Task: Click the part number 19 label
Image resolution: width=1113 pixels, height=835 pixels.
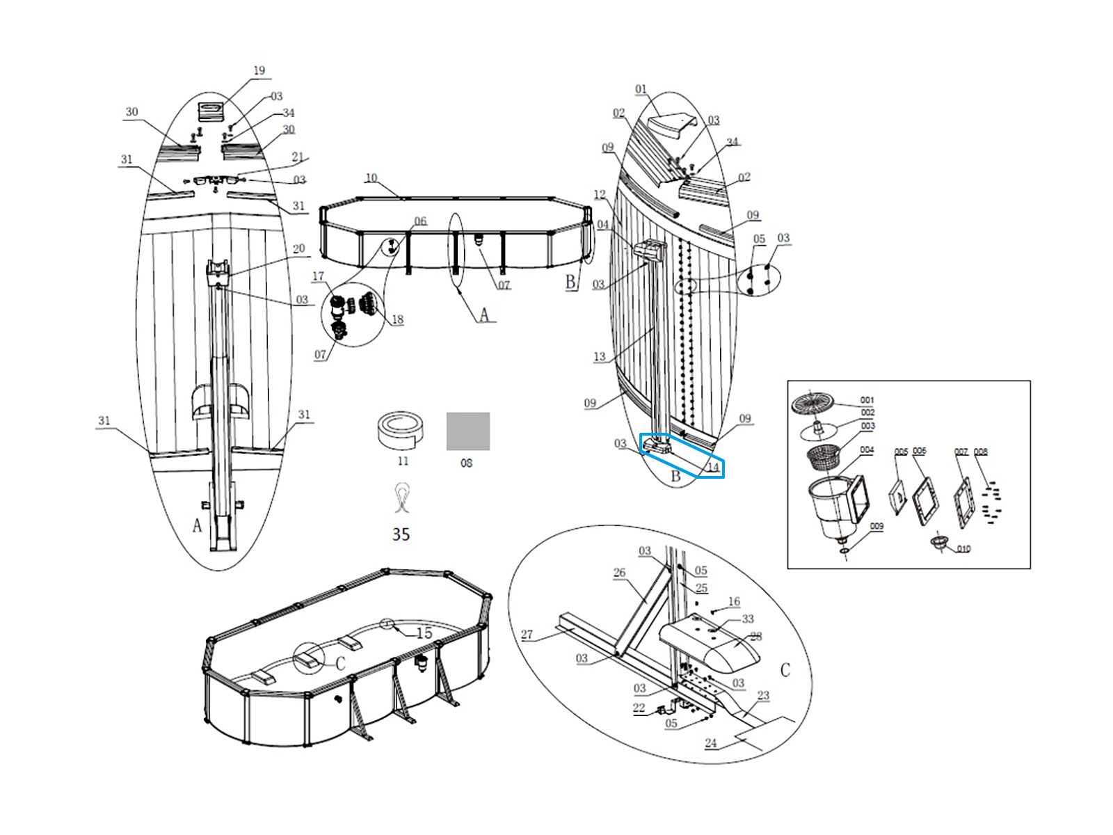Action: click(259, 71)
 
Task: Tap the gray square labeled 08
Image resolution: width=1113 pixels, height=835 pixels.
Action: click(467, 431)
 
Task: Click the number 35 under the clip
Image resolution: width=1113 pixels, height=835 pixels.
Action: click(401, 534)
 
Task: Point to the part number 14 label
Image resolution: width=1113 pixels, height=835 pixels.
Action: click(712, 468)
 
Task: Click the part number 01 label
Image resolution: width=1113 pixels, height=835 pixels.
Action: click(641, 89)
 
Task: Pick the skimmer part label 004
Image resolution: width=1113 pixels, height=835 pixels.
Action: click(866, 450)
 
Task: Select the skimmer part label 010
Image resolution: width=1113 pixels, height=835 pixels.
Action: click(963, 549)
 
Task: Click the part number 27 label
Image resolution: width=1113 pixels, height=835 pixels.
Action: click(527, 634)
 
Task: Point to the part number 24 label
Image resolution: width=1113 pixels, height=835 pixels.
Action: click(710, 743)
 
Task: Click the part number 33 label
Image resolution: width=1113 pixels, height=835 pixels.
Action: click(748, 619)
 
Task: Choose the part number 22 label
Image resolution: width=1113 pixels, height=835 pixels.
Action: click(639, 708)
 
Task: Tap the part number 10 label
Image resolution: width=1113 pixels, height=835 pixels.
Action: click(371, 178)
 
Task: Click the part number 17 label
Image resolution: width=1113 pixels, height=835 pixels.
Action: click(318, 277)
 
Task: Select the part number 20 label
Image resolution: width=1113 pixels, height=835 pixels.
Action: click(298, 249)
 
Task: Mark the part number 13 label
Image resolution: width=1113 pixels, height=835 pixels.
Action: click(600, 357)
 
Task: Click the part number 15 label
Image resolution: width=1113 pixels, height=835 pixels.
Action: click(424, 633)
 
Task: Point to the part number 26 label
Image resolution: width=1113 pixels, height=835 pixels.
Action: click(619, 573)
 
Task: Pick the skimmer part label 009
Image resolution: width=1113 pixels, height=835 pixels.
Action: click(876, 527)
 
